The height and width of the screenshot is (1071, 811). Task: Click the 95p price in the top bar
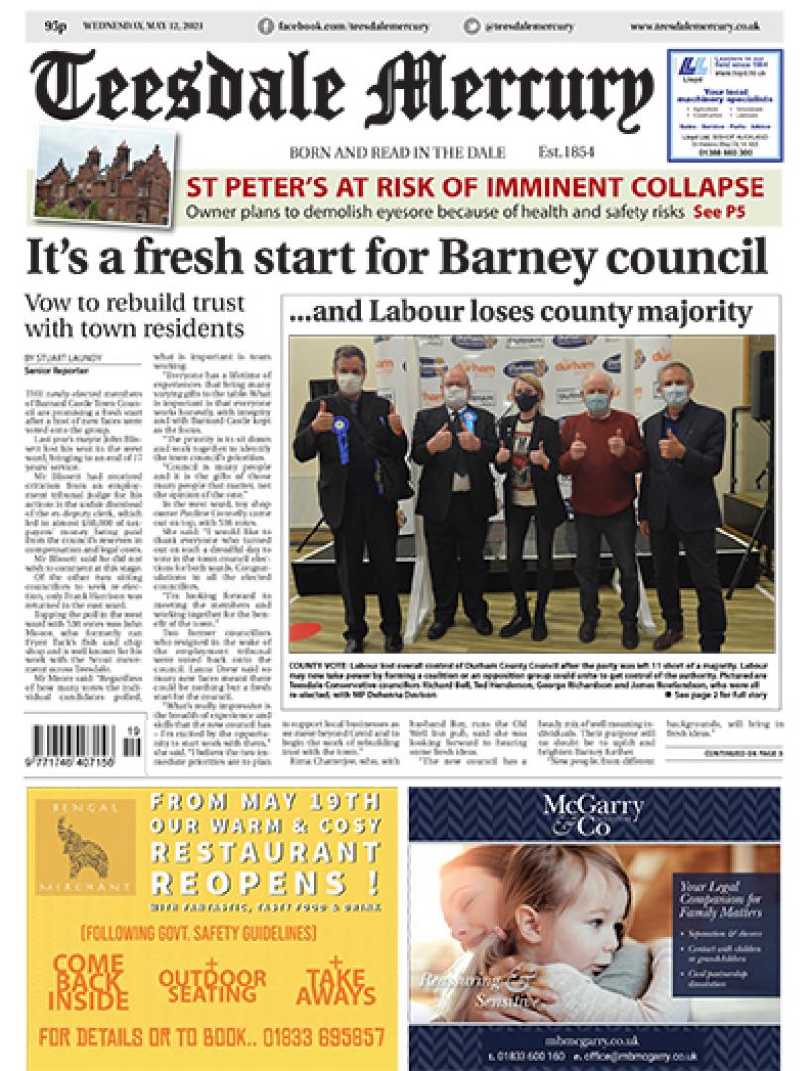click(x=55, y=26)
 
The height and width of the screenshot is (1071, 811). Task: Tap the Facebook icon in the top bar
click(x=266, y=26)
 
